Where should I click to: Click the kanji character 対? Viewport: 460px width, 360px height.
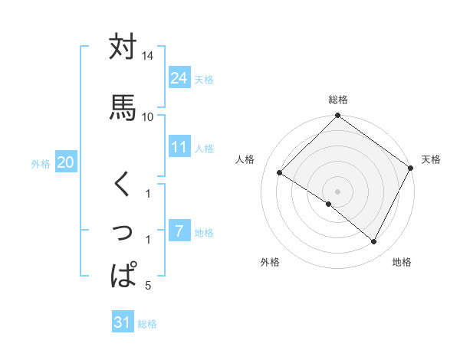pyautogui.click(x=123, y=47)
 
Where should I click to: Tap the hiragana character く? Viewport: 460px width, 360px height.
pyautogui.click(x=123, y=185)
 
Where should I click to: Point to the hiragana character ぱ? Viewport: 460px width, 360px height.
pyautogui.click(x=123, y=273)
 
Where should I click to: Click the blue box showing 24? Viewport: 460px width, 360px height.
pyautogui.click(x=179, y=77)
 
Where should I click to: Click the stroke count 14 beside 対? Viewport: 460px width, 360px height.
pyautogui.click(x=147, y=57)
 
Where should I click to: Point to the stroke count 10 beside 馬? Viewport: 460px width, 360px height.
pyautogui.click(x=147, y=116)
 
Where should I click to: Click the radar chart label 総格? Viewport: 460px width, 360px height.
pyautogui.click(x=337, y=100)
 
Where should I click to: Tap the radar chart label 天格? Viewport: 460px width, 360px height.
pyautogui.click(x=431, y=159)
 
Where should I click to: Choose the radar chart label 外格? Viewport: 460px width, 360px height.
pyautogui.click(x=270, y=262)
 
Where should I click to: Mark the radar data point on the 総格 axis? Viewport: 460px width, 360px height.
pyautogui.click(x=337, y=116)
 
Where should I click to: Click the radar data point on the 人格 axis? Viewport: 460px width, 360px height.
pyautogui.click(x=280, y=173)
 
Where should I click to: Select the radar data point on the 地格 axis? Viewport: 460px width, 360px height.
pyautogui.click(x=374, y=242)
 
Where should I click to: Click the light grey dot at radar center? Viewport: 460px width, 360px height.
pyautogui.click(x=337, y=191)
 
